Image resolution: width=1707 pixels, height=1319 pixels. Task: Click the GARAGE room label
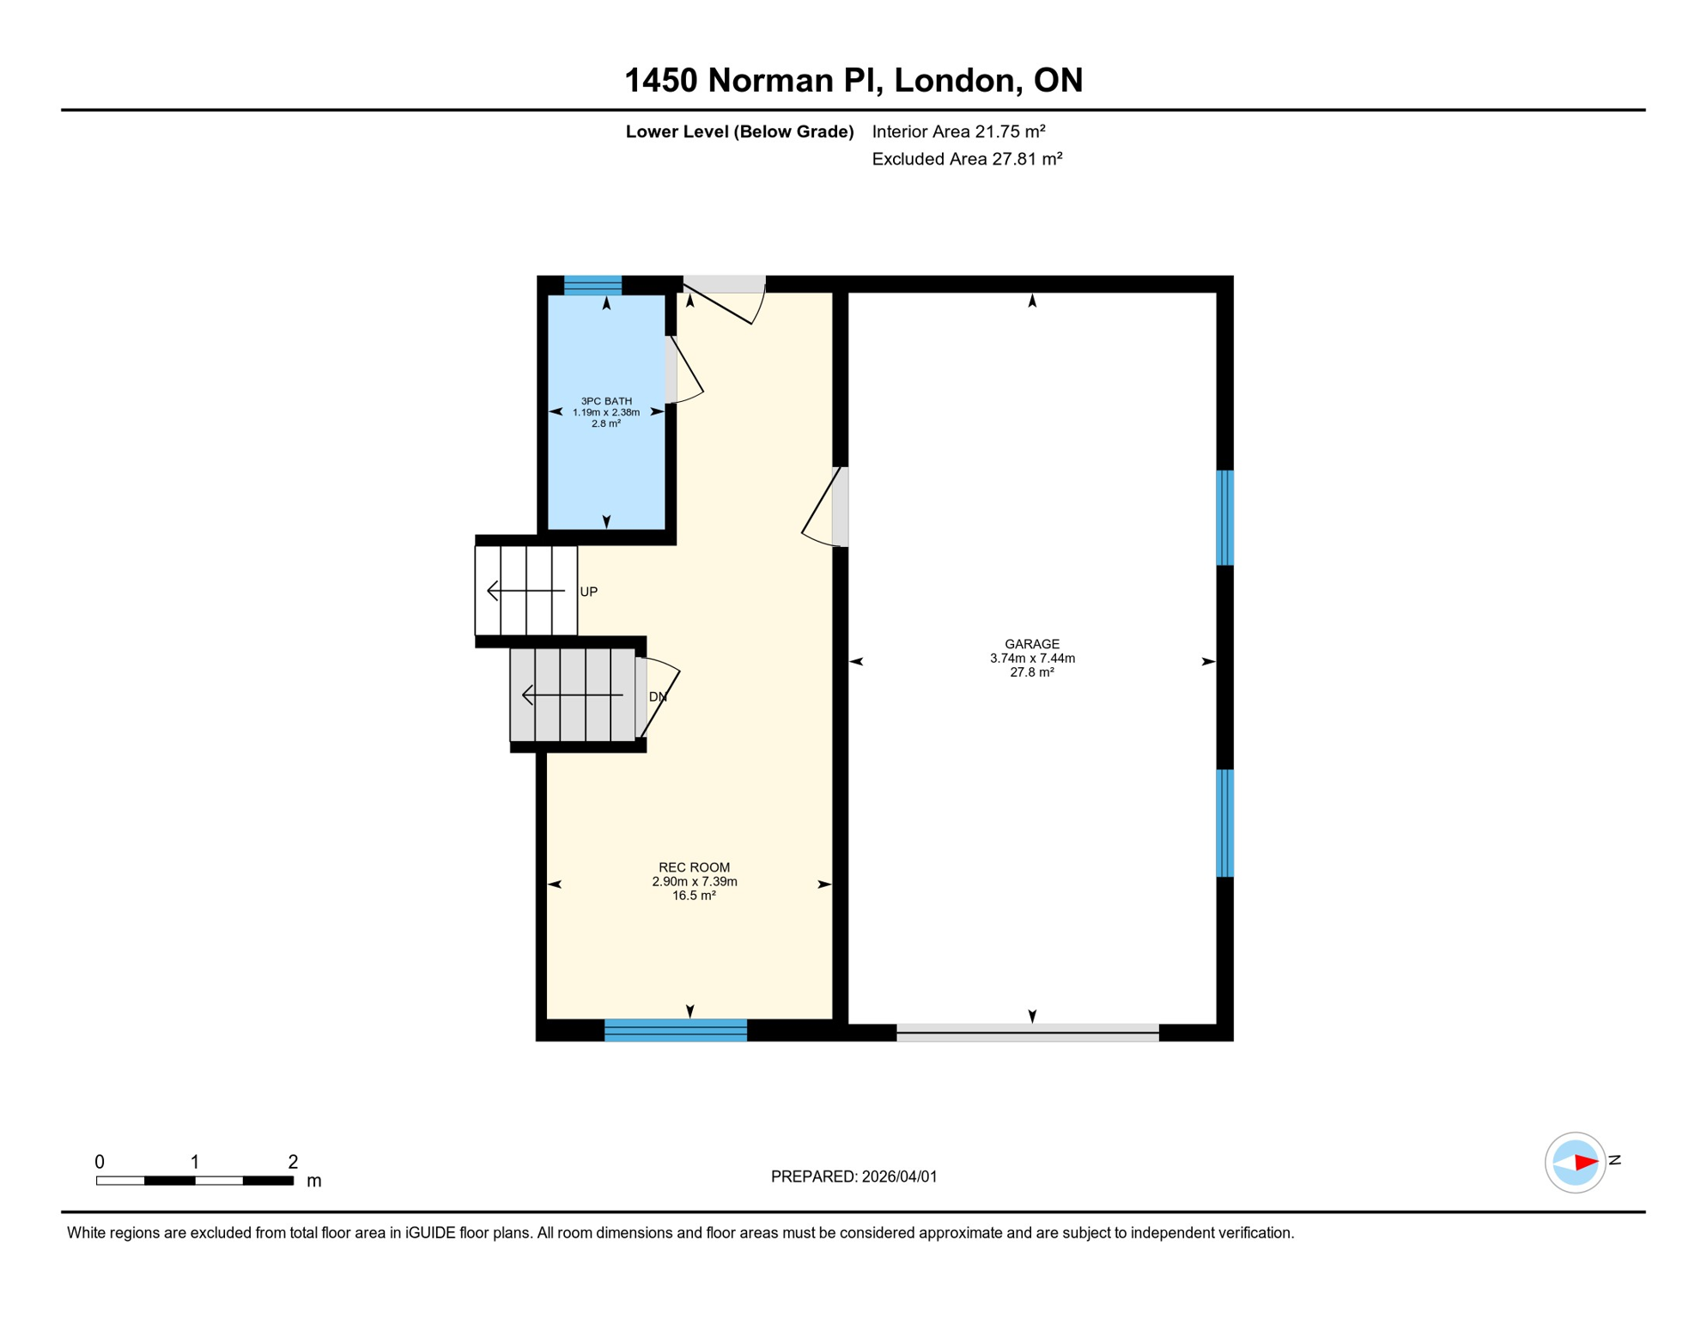coord(1031,644)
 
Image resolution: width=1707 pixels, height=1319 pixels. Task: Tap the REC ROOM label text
coord(694,867)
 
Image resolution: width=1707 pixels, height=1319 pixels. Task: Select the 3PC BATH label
coord(606,401)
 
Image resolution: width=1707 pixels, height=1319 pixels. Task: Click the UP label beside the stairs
coord(588,592)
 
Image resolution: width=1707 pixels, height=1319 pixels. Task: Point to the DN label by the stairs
coord(658,696)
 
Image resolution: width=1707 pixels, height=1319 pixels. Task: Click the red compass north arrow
coord(1585,1163)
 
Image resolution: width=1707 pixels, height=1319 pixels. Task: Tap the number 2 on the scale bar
coord(293,1162)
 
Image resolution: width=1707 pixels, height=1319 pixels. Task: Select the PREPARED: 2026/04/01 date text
coord(853,1176)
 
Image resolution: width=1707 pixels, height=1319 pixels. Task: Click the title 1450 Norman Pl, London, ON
coord(853,80)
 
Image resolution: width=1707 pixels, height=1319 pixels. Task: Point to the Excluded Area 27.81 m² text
coord(967,159)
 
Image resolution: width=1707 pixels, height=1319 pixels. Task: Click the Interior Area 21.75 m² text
coord(958,131)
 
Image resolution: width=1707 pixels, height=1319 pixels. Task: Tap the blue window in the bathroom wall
coord(592,285)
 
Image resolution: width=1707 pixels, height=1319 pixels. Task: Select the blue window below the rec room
coord(676,1030)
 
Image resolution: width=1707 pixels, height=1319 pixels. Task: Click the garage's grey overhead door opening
coord(1027,1032)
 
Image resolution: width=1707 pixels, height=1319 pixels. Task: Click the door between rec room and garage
coord(840,507)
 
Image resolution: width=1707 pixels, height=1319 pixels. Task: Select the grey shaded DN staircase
coord(572,695)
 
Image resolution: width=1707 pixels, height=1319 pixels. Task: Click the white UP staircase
coord(525,591)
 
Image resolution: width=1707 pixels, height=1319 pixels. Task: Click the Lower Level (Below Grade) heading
coord(739,131)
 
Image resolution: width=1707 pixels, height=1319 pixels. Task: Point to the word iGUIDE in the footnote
coord(430,1233)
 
